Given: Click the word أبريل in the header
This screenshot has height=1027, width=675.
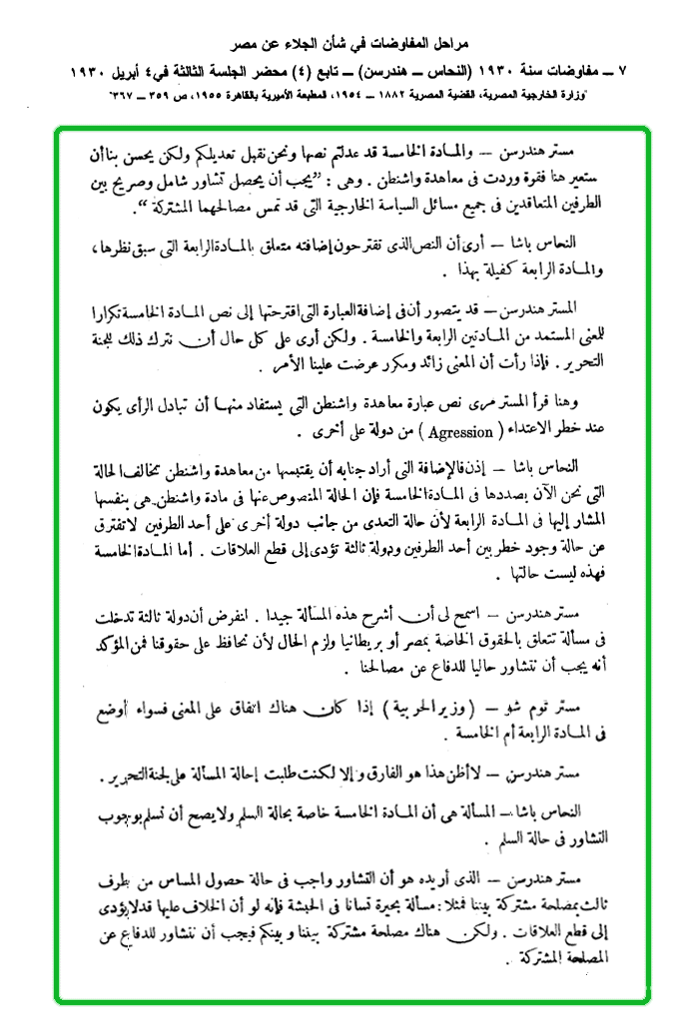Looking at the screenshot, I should pyautogui.click(x=150, y=73).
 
